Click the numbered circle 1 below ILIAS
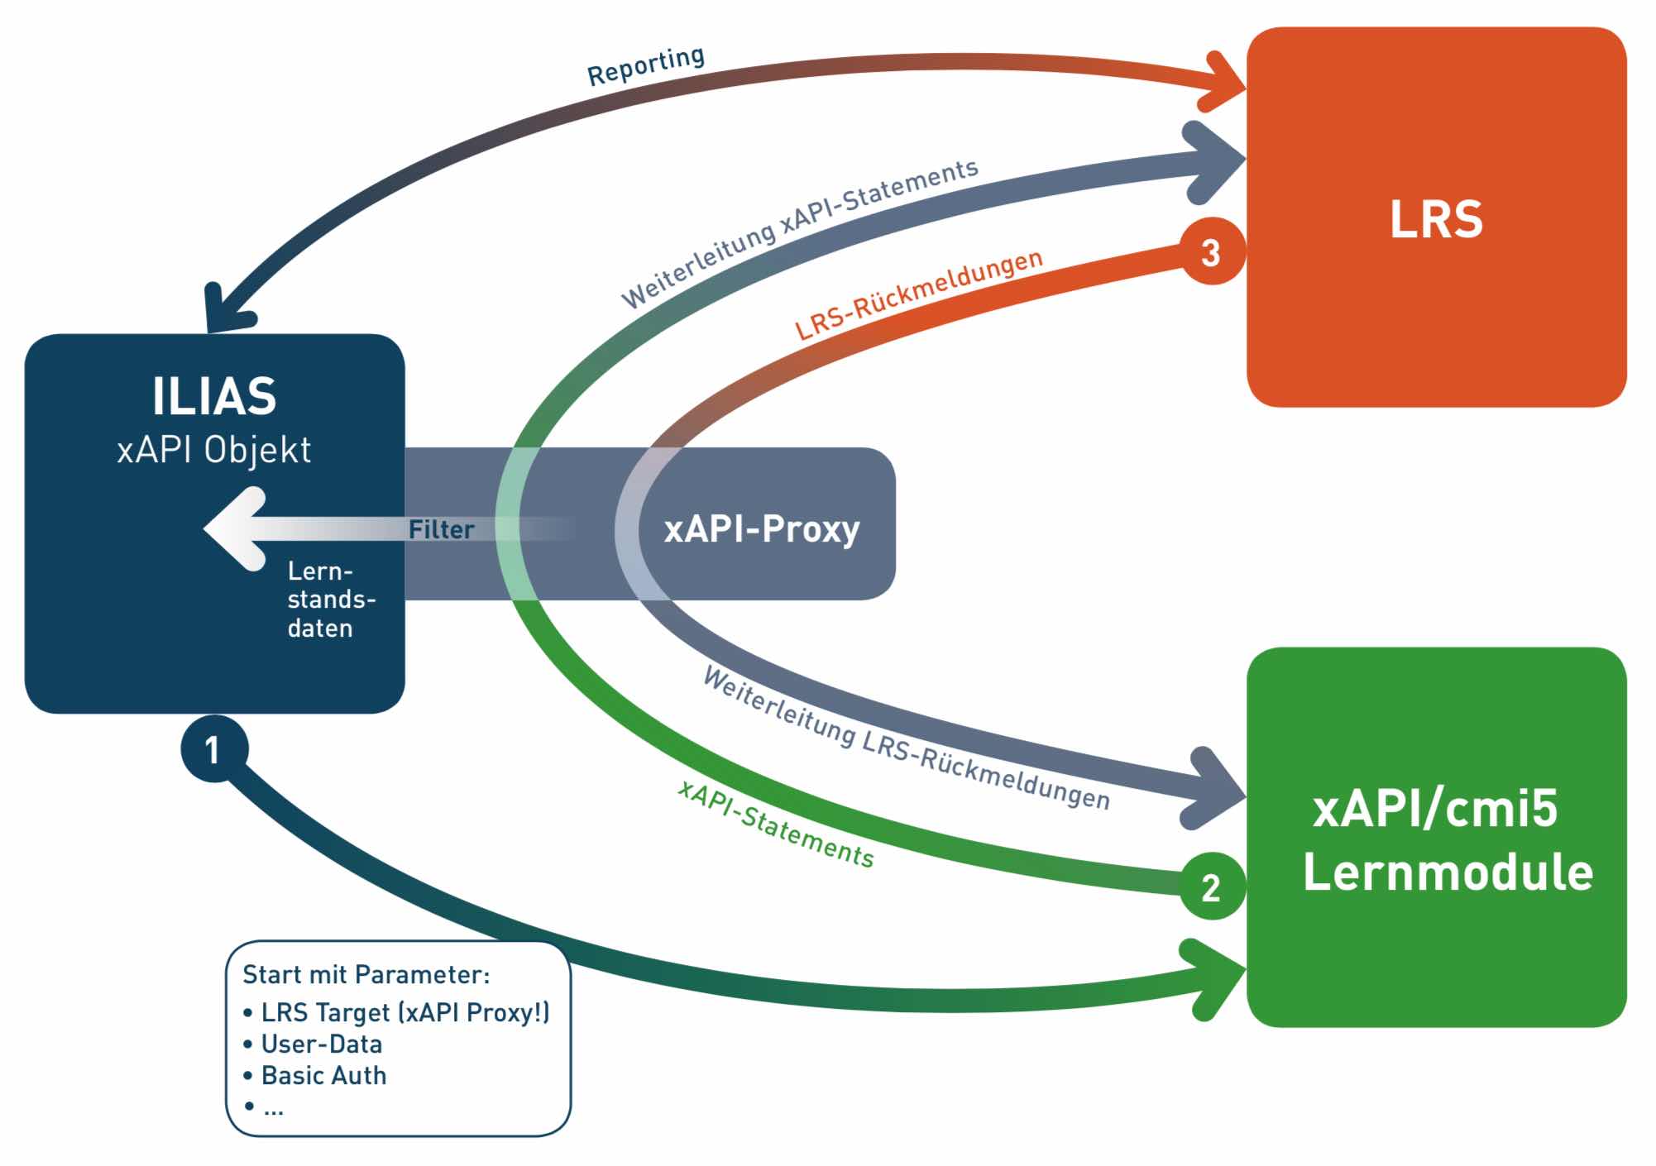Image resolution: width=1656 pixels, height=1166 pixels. click(x=214, y=749)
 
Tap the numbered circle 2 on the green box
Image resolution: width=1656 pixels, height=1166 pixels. click(x=1211, y=886)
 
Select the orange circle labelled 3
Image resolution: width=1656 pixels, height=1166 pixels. click(x=1211, y=252)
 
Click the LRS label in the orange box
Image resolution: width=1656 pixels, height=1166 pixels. click(x=1436, y=219)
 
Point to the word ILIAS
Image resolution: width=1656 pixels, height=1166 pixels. click(x=214, y=396)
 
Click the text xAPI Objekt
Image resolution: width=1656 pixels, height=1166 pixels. click(x=214, y=450)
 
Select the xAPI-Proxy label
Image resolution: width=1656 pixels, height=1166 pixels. click(x=762, y=528)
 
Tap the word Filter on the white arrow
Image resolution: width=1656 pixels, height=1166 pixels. click(x=442, y=529)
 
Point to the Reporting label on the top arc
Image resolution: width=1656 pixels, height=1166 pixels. click(x=646, y=65)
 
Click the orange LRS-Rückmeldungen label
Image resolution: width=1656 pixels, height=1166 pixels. click(x=918, y=294)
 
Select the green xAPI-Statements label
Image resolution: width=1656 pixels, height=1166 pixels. click(x=775, y=824)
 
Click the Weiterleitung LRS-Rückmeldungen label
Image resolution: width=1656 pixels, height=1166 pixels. click(x=906, y=738)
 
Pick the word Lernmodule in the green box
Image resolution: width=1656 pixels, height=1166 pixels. click(x=1448, y=872)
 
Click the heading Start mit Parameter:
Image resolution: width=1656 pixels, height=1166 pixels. click(x=366, y=974)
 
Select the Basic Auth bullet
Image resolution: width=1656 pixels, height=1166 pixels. click(x=323, y=1075)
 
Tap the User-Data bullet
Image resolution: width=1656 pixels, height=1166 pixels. click(x=322, y=1044)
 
